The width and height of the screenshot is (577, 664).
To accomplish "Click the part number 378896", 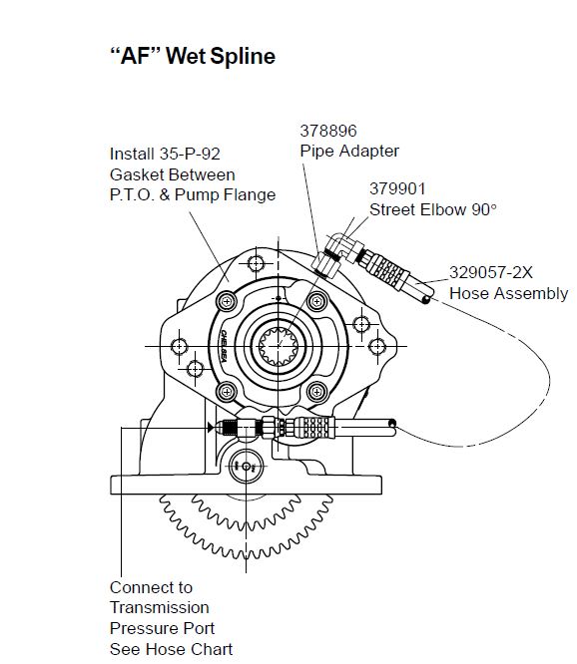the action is (328, 131).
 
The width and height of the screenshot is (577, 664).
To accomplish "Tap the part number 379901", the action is (397, 188).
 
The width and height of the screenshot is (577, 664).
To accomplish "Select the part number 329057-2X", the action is (490, 272).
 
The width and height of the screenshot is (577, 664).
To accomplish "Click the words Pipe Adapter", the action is (349, 152).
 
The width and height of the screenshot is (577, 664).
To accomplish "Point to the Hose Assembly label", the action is (509, 293).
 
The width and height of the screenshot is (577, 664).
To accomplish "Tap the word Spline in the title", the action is (243, 56).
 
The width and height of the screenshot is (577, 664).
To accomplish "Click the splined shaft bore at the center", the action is (278, 346).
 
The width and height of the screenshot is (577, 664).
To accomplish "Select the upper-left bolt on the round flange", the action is (227, 301).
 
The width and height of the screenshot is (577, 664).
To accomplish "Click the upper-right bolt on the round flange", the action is (317, 301).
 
